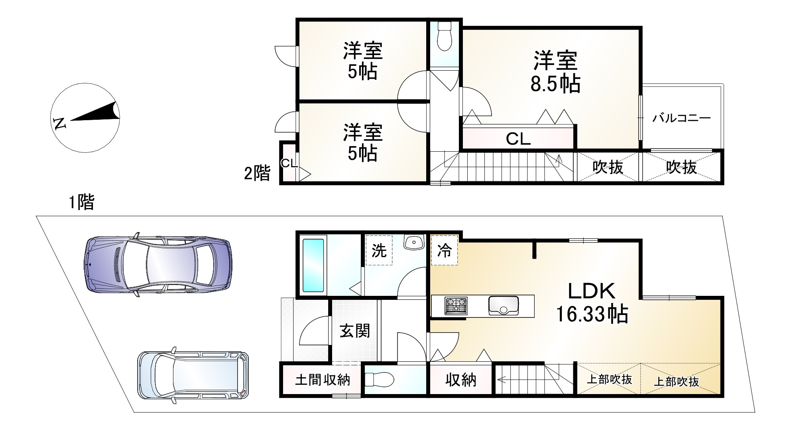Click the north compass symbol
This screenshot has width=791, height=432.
(86, 118)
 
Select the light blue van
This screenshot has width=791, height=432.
(193, 375)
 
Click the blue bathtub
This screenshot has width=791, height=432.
(313, 265)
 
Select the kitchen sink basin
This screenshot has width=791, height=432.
(503, 305)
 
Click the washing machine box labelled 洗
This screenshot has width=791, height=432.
(379, 250)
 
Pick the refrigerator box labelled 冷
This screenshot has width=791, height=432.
(445, 250)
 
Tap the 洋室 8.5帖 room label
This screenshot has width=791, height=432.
(555, 72)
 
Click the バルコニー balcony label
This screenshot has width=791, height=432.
(682, 118)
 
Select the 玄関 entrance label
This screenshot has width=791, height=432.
(354, 331)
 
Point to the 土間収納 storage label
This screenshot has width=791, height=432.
(322, 380)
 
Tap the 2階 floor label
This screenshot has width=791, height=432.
(257, 174)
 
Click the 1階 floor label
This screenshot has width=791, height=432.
(82, 203)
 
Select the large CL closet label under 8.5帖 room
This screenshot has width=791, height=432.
(518, 139)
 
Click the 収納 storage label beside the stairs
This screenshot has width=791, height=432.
(461, 380)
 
